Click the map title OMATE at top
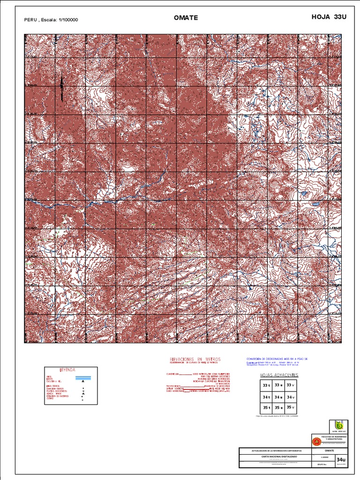186,18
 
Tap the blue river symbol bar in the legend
83,377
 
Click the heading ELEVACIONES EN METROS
195,359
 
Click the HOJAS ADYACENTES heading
279,375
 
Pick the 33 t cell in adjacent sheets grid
266,385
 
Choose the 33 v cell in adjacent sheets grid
291,385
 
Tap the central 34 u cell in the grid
278,397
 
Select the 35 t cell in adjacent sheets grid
266,408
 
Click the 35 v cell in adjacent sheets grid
291,408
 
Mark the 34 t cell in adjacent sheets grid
266,397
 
